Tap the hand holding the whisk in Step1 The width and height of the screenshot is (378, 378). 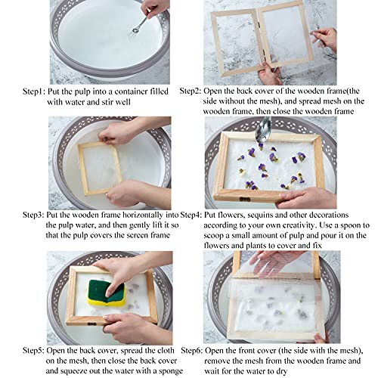click(155, 9)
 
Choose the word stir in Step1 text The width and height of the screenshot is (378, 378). click(115, 101)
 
